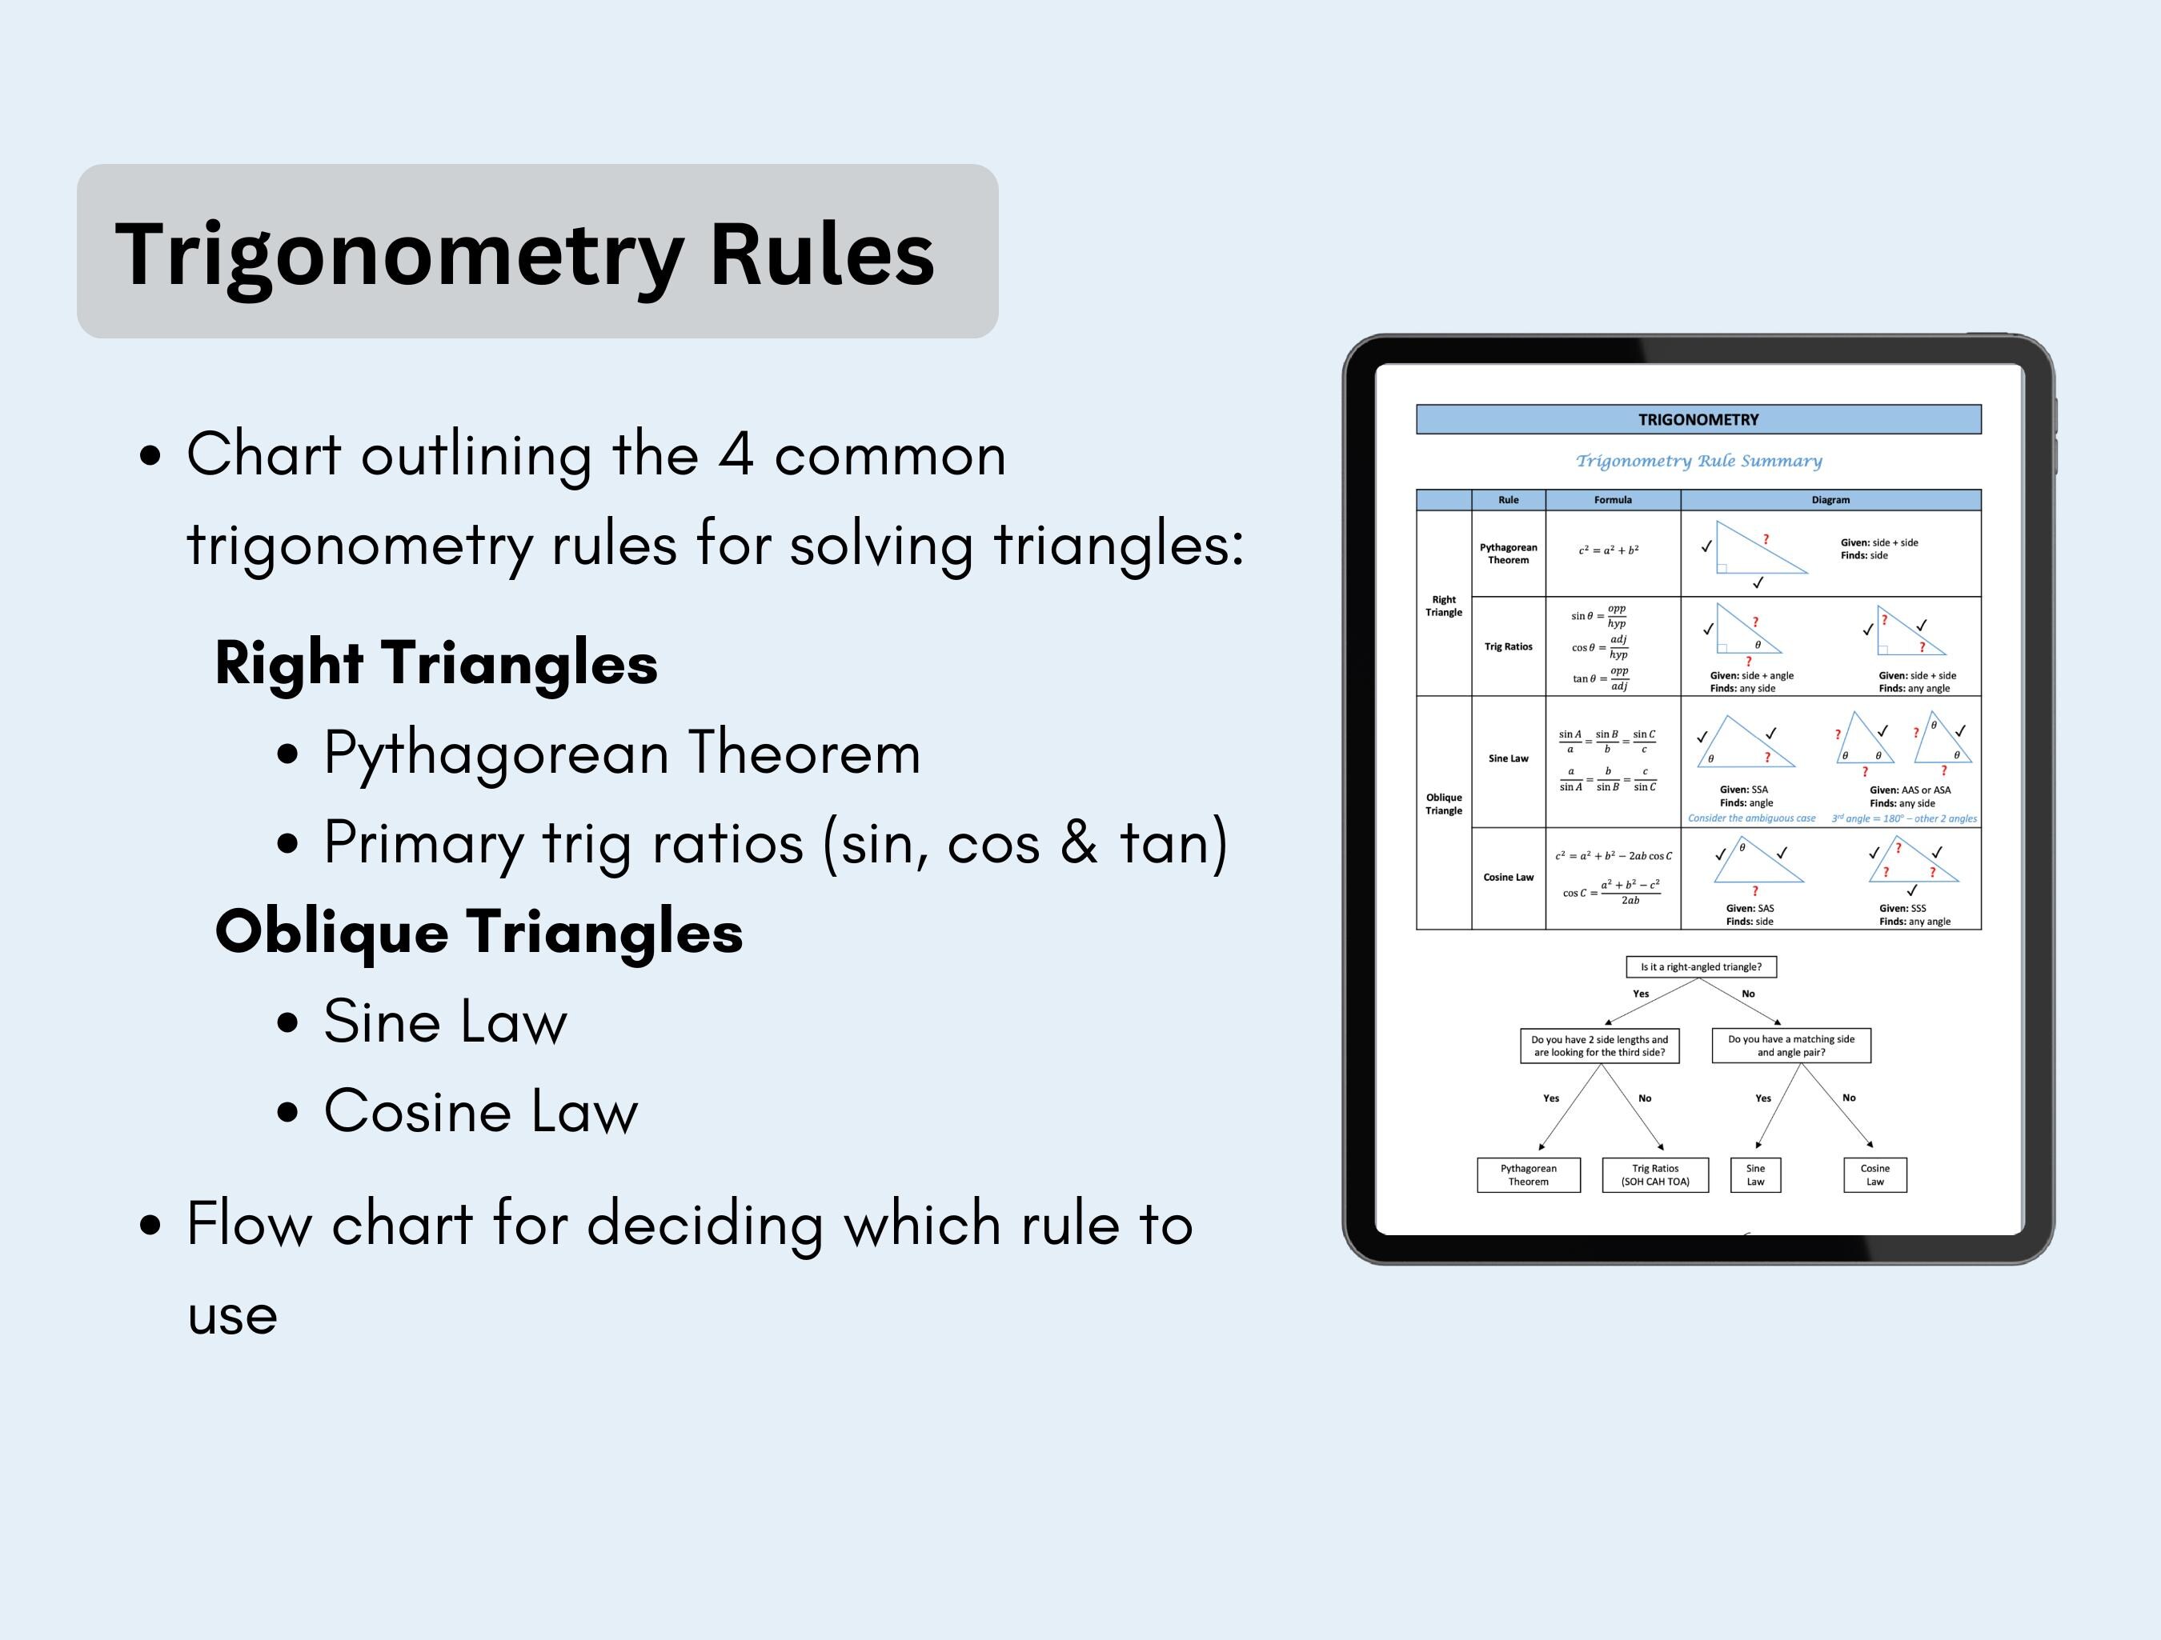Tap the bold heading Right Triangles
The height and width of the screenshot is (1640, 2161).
tap(435, 663)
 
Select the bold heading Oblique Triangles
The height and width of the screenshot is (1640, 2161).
tap(479, 932)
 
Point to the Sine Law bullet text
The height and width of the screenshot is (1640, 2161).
tap(446, 1022)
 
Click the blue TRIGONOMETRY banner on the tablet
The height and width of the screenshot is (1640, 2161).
tap(1698, 420)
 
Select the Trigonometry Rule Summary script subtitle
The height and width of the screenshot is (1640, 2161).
tap(1698, 461)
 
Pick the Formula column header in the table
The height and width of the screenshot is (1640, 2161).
tap(1613, 500)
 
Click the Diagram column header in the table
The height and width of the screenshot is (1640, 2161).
tap(1830, 500)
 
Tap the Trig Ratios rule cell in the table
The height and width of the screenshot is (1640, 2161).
tap(1509, 646)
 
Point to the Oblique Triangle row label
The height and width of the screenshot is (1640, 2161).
tap(1444, 804)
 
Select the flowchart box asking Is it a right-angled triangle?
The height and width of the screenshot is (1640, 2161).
tap(1701, 967)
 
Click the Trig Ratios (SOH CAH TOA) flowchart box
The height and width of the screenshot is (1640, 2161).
tap(1655, 1175)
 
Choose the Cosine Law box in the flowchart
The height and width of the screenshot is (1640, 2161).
tap(1874, 1175)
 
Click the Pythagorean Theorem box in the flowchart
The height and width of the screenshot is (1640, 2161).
tap(1528, 1175)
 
